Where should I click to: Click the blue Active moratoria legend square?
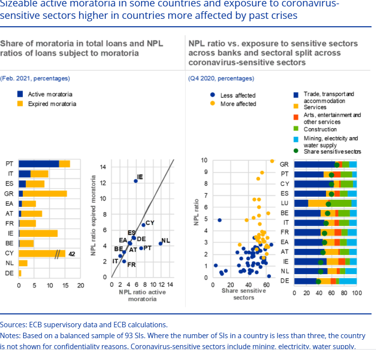tap(20, 94)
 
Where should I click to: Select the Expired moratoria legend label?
tap(52, 104)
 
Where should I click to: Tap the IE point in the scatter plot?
tap(136, 181)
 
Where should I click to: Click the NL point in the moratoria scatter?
tap(161, 243)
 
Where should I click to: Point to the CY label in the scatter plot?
tap(150, 223)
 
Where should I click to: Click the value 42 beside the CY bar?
tap(72, 254)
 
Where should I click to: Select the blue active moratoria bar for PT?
tap(39, 164)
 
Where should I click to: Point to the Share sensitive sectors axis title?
tap(243, 294)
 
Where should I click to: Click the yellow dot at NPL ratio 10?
tap(272, 161)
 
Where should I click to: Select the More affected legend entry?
tap(238, 104)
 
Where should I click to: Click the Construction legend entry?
tap(320, 129)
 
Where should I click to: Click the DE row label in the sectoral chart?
tap(285, 281)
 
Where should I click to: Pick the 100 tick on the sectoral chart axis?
tap(357, 293)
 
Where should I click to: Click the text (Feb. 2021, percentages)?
tap(35, 78)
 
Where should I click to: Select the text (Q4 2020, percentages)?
tap(221, 78)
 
